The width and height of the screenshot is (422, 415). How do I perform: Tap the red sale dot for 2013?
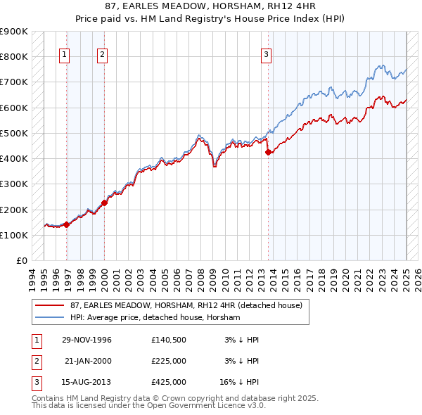pyautogui.click(x=268, y=152)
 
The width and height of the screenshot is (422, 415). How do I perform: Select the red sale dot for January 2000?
pyautogui.click(x=104, y=203)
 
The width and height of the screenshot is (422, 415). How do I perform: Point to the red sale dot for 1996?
pyautogui.click(x=67, y=224)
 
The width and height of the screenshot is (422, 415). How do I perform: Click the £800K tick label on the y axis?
pyautogui.click(x=14, y=57)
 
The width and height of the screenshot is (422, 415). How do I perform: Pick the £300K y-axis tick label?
pyautogui.click(x=14, y=184)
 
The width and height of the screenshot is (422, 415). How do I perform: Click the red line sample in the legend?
pyautogui.click(x=51, y=305)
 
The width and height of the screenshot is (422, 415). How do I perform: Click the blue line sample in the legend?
pyautogui.click(x=51, y=317)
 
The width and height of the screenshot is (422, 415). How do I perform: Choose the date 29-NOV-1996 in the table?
pyautogui.click(x=87, y=340)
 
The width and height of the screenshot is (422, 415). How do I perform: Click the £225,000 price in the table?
pyautogui.click(x=168, y=361)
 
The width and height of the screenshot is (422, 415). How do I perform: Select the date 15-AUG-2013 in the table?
pyautogui.click(x=87, y=382)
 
